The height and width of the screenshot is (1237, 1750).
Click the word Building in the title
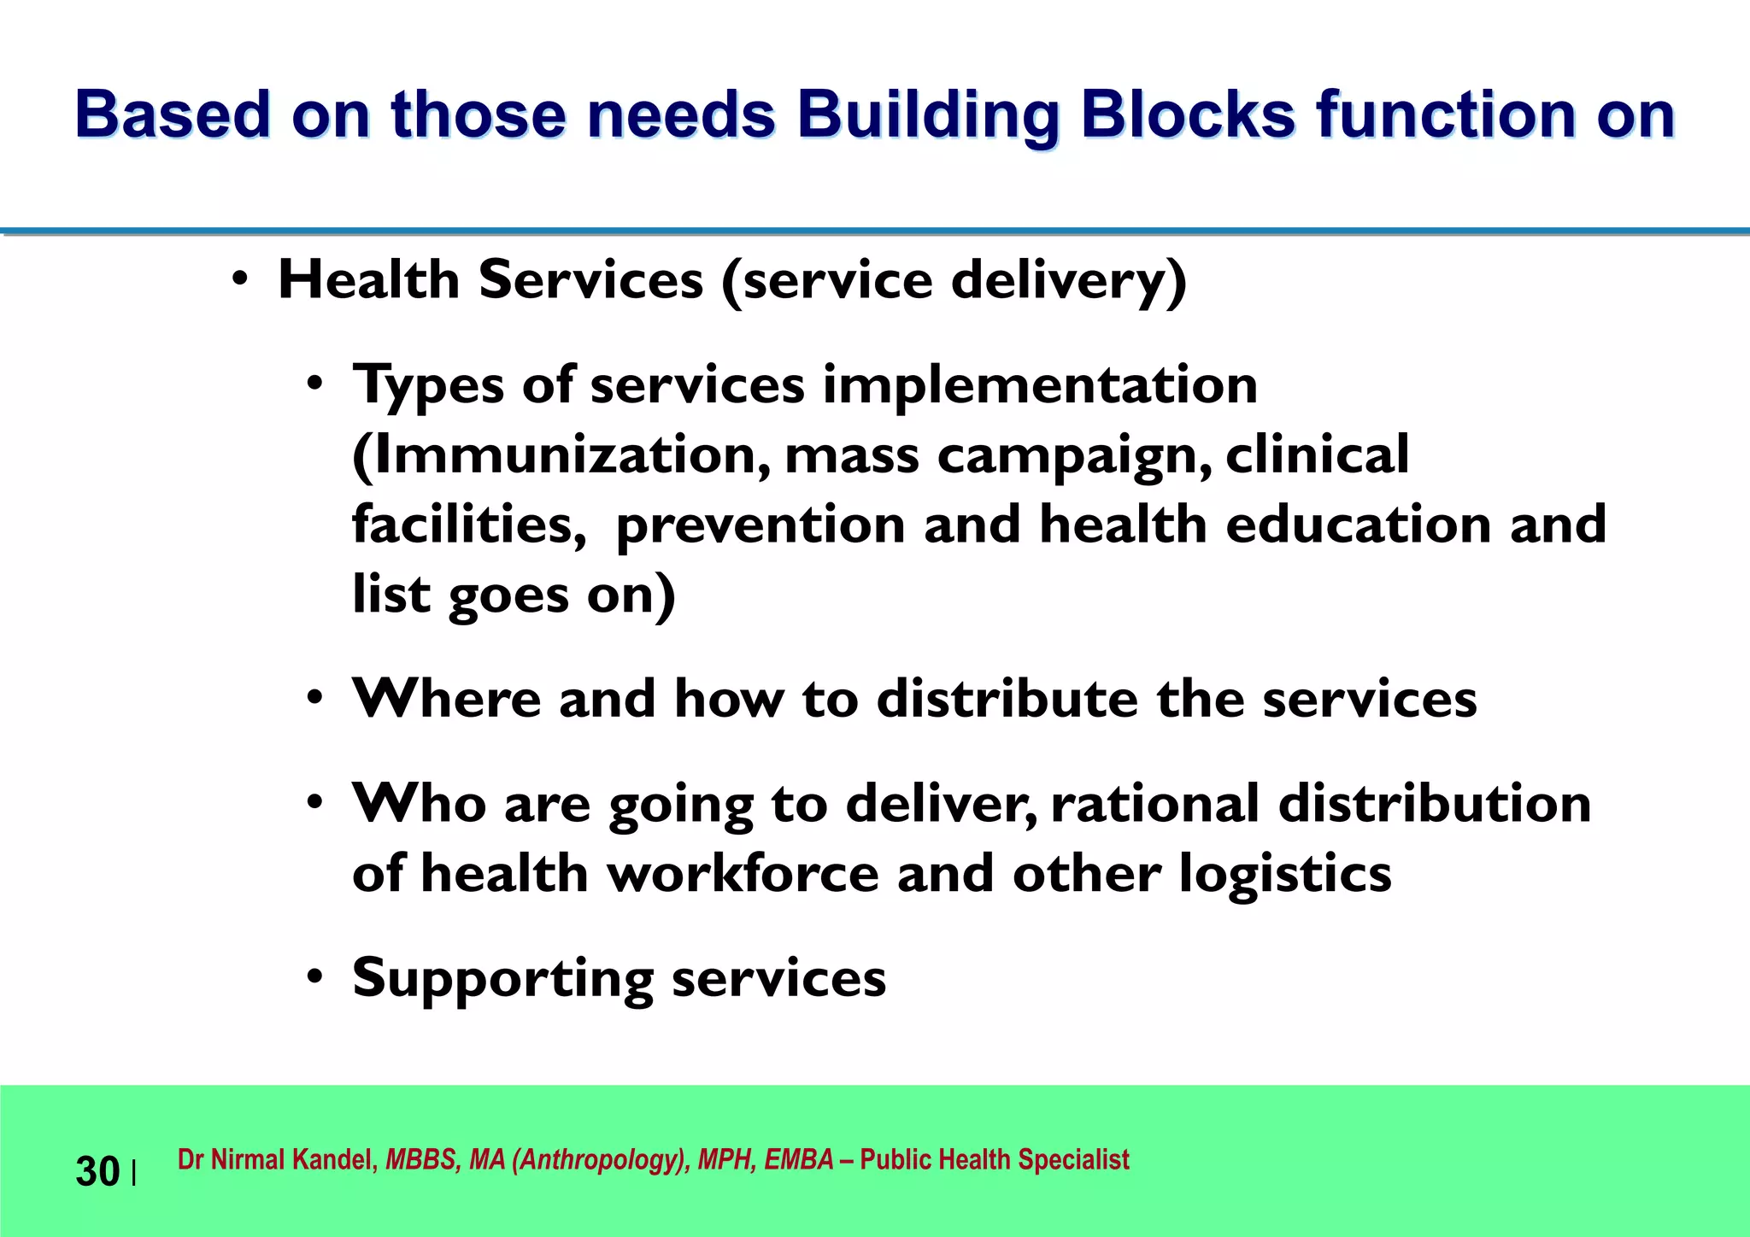[x=928, y=115]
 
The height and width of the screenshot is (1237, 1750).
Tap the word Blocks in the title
[x=1188, y=115]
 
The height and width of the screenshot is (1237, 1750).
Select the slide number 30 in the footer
[x=97, y=1171]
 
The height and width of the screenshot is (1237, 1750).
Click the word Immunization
[x=561, y=454]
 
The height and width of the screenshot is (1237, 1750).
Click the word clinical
[x=1317, y=454]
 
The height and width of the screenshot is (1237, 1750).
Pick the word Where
[x=447, y=699]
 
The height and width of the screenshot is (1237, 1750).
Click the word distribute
[x=1007, y=699]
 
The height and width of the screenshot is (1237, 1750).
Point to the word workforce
[x=743, y=874]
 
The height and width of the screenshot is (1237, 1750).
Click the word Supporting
[x=502, y=979]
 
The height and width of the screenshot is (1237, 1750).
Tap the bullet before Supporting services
[x=315, y=976]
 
